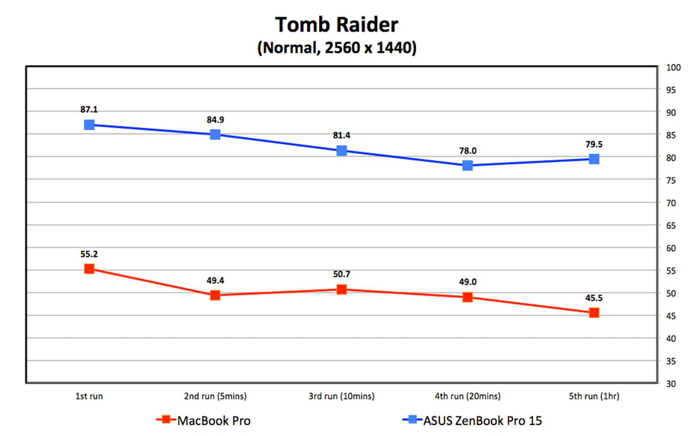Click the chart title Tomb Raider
click(336, 25)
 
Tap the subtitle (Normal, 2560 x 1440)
click(337, 48)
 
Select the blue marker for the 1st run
click(89, 125)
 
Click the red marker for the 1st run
click(89, 269)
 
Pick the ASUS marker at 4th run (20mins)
click(468, 166)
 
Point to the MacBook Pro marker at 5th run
click(594, 313)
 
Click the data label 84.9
click(215, 120)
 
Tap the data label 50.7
click(341, 274)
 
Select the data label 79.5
click(594, 144)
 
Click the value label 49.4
click(215, 280)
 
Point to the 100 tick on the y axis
click(673, 67)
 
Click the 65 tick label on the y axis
click(671, 226)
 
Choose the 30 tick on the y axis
click(671, 384)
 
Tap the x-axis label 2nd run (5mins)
click(215, 396)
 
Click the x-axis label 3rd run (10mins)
click(341, 396)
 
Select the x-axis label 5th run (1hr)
click(594, 396)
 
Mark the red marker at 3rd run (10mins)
click(341, 289)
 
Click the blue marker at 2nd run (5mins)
click(215, 135)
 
